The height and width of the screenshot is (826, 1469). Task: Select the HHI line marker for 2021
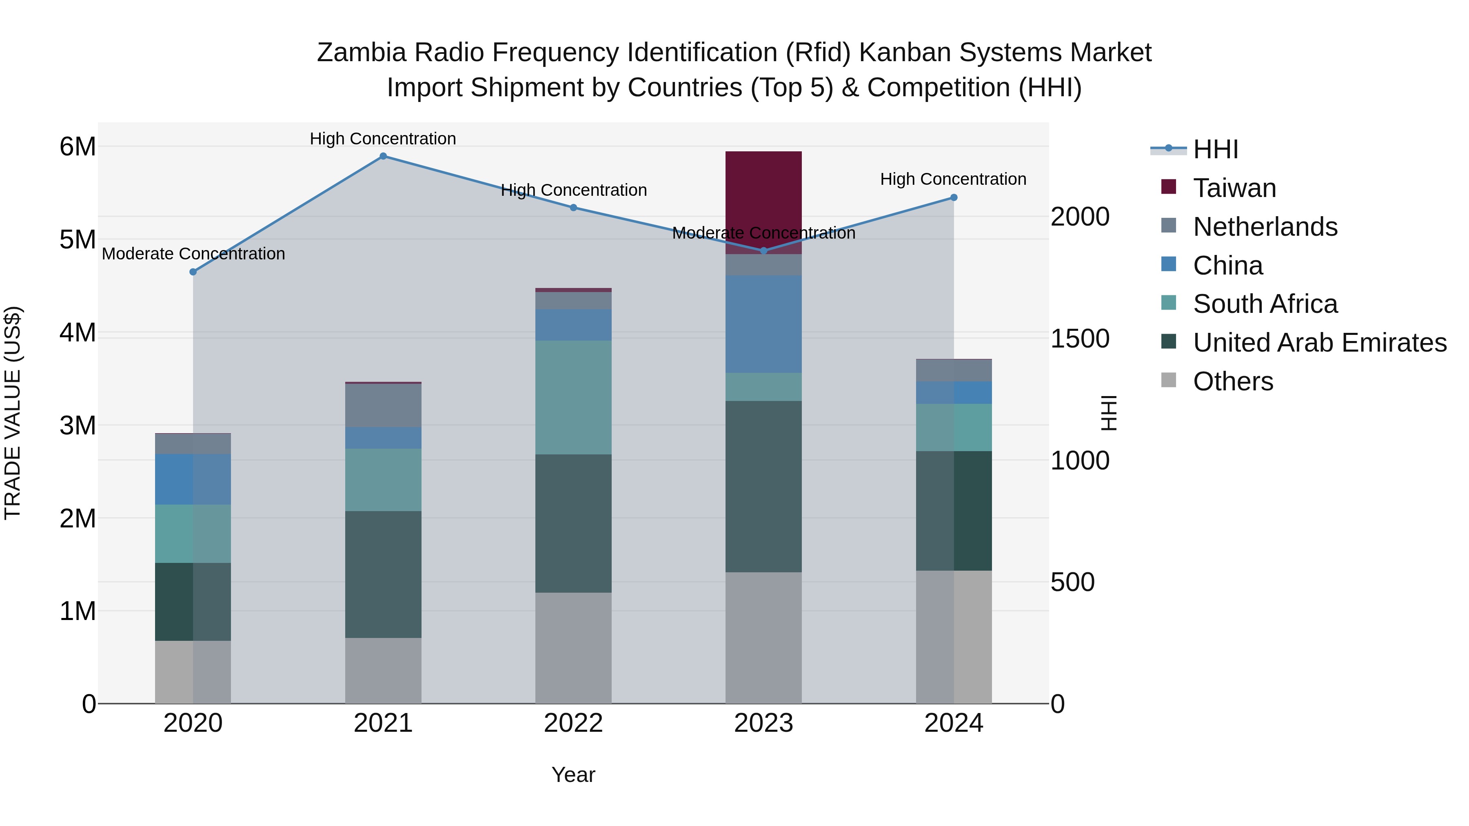[383, 156]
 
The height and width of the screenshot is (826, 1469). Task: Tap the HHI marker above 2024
[954, 198]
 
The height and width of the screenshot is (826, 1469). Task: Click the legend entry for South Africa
[1265, 304]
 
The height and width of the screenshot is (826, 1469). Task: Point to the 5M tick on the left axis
[78, 239]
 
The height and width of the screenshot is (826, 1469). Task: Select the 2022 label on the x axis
[573, 723]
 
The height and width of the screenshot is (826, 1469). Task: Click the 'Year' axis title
[573, 775]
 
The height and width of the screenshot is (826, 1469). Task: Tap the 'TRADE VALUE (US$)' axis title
[13, 413]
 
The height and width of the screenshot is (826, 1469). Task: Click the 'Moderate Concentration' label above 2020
[193, 254]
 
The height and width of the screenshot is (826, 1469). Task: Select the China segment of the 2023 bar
[763, 324]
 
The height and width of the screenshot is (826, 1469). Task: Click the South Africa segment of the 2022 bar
[573, 397]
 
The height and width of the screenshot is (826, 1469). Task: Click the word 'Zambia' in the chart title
[362, 53]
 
